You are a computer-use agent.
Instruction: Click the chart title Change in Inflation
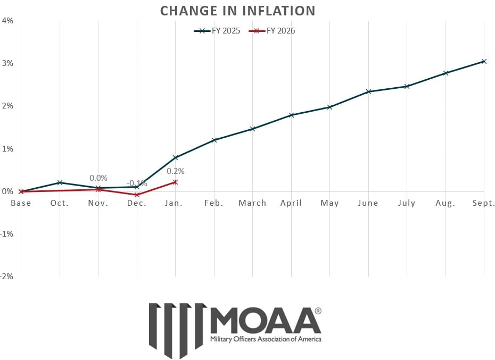pyautogui.click(x=237, y=11)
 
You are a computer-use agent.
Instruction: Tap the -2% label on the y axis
pyautogui.click(x=7, y=277)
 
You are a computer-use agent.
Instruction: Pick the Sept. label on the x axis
pyautogui.click(x=483, y=203)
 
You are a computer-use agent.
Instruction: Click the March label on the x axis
pyautogui.click(x=252, y=203)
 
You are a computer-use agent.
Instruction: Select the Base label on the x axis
pyautogui.click(x=21, y=203)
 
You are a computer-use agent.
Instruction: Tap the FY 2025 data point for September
pyautogui.click(x=484, y=61)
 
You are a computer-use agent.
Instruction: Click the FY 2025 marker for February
pyautogui.click(x=214, y=140)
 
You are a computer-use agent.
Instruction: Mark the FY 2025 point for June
pyautogui.click(x=368, y=91)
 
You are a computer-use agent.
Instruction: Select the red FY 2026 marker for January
pyautogui.click(x=175, y=182)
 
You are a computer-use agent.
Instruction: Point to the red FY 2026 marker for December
pyautogui.click(x=137, y=195)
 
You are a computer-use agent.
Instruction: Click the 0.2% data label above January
pyautogui.click(x=176, y=171)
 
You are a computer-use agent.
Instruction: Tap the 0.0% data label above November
pyautogui.click(x=98, y=178)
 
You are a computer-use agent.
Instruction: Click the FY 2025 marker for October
pyautogui.click(x=60, y=182)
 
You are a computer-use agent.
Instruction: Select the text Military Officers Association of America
pyautogui.click(x=266, y=339)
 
